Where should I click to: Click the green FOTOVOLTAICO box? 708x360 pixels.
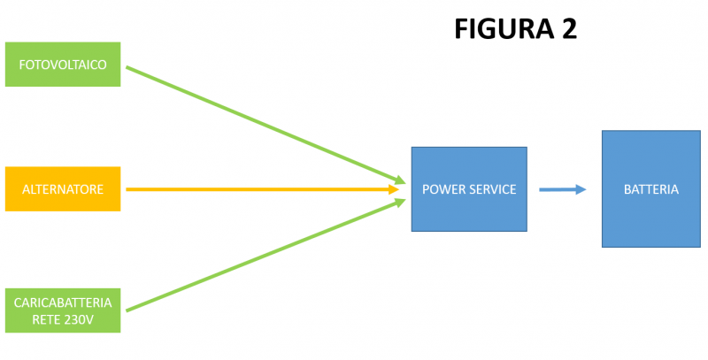(62, 64)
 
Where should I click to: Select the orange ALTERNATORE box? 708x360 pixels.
(62, 189)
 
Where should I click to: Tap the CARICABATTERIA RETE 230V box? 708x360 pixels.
(62, 310)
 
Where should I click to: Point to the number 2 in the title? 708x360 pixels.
(567, 28)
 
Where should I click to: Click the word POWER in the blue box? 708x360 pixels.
(443, 189)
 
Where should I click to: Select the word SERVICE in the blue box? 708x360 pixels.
(492, 189)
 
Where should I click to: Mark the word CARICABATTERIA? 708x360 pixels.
(62, 303)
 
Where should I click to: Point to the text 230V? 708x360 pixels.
(79, 318)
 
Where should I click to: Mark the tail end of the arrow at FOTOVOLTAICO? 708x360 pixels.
(128, 67)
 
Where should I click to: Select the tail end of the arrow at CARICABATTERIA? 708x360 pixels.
(128, 310)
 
